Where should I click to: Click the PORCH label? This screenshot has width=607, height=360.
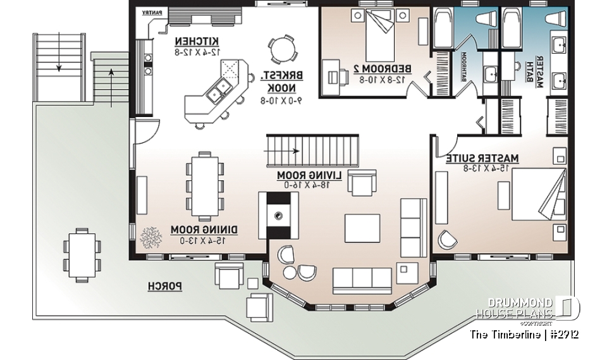click(165, 287)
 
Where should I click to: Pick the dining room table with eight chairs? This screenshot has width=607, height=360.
click(205, 182)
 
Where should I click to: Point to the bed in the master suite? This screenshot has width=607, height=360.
click(536, 197)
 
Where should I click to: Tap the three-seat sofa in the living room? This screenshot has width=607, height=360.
click(362, 276)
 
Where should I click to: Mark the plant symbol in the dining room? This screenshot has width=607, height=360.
click(151, 239)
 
